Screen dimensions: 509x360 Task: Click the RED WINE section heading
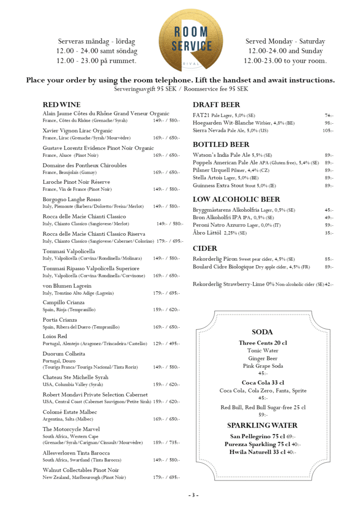(62, 104)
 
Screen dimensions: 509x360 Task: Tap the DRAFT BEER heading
(216, 105)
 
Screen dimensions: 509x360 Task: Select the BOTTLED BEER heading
(221, 145)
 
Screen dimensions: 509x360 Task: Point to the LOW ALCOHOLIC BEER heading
(236, 200)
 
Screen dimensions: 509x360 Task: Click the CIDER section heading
(205, 248)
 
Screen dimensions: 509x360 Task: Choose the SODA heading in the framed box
(262, 332)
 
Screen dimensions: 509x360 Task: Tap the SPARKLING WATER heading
(262, 425)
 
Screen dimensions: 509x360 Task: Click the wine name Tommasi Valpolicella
(69, 251)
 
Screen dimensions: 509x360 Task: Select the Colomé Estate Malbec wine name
(70, 412)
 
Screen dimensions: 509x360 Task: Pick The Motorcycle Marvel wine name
(71, 429)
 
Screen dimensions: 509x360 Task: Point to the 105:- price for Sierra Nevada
(328, 131)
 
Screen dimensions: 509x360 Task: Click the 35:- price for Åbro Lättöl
(329, 233)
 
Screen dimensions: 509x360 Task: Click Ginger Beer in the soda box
(262, 358)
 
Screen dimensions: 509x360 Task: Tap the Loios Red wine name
(55, 336)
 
